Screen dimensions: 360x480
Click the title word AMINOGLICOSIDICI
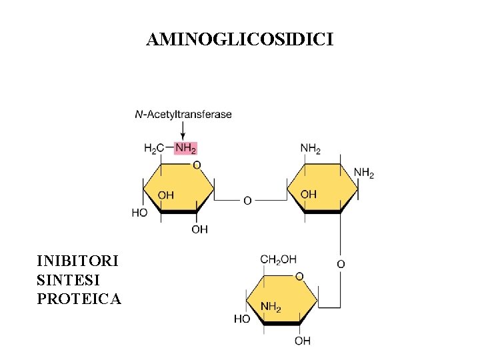240,41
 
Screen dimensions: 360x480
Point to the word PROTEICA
79,299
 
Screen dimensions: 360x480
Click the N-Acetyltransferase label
183,114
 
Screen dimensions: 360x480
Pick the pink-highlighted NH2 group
185,148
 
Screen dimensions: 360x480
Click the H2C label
154,148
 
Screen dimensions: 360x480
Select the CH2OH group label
278,259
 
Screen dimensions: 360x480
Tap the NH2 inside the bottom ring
270,307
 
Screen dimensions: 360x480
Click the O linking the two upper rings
247,200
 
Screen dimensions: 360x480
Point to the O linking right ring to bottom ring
340,264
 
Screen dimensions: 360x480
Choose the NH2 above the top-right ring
311,148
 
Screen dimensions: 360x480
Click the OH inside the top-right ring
309,194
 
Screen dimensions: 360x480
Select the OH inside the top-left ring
165,195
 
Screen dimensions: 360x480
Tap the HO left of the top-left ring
140,213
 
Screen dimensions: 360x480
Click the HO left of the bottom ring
242,319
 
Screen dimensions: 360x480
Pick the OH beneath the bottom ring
302,341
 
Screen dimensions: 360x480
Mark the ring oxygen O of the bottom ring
299,276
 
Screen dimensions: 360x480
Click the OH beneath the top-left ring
199,229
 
